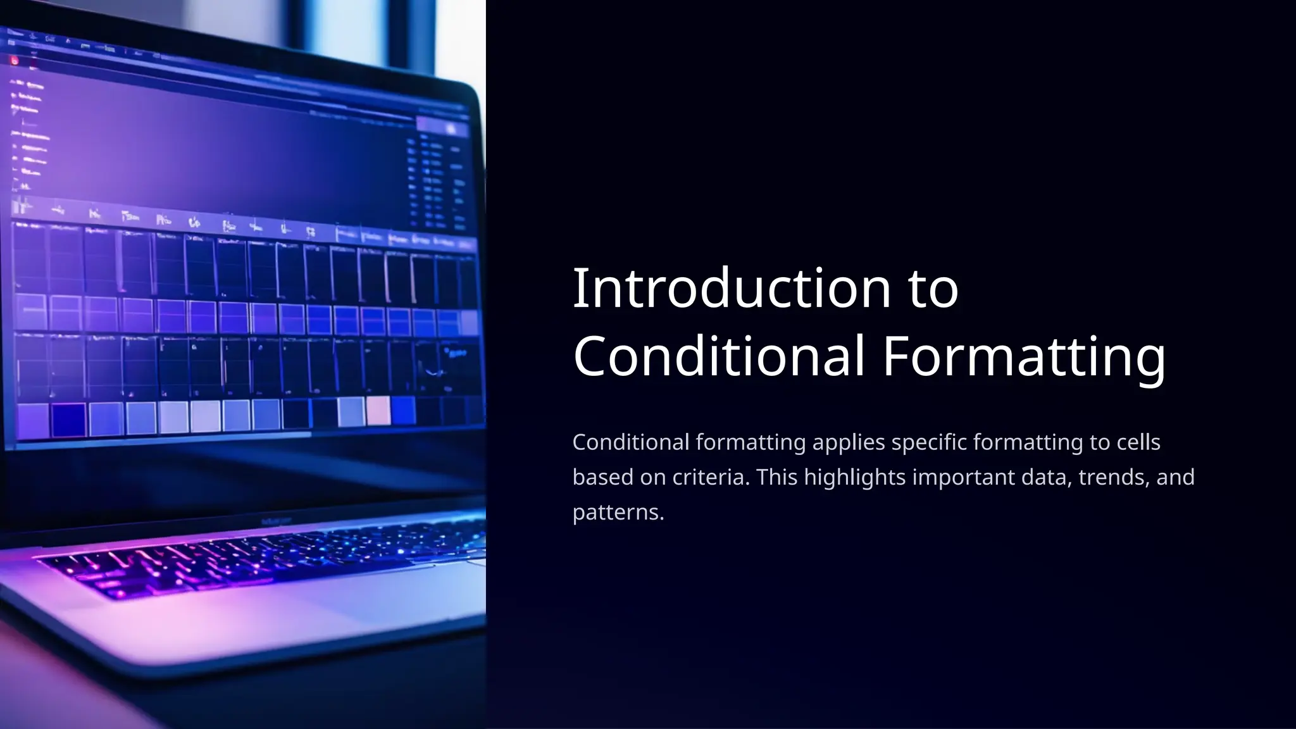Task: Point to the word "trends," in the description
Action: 1114,477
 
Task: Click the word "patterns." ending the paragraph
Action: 618,512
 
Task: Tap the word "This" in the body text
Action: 776,477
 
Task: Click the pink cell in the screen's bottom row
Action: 378,411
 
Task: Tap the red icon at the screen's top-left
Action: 15,61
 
